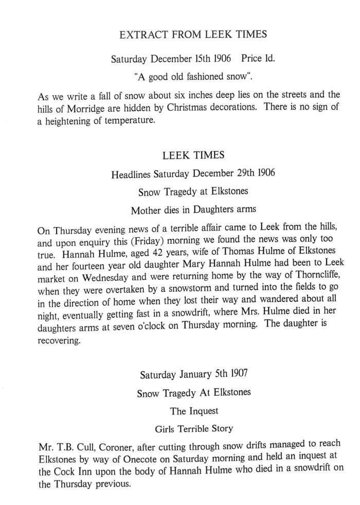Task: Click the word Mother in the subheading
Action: pyautogui.click(x=147, y=211)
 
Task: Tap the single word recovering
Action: pyautogui.click(x=59, y=342)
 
